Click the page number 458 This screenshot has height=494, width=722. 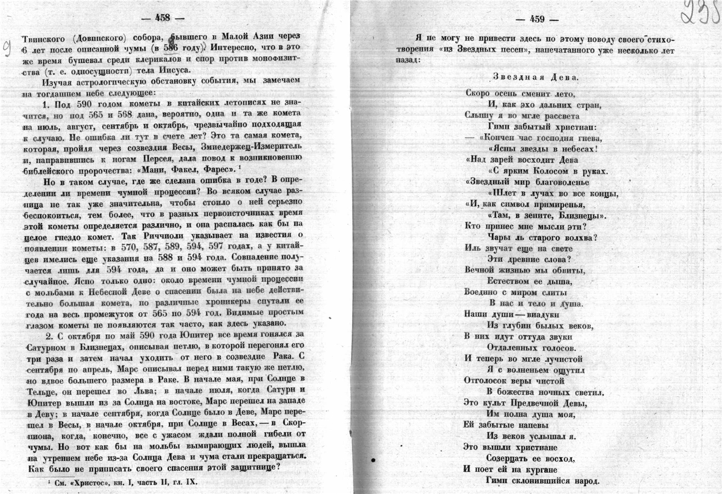pyautogui.click(x=163, y=17)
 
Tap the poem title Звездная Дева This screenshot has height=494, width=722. pyautogui.click(x=536, y=77)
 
